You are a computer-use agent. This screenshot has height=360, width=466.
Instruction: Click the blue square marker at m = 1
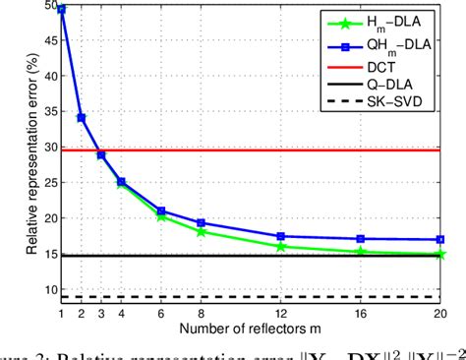pyautogui.click(x=61, y=9)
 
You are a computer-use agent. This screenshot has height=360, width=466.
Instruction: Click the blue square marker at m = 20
pyautogui.click(x=440, y=239)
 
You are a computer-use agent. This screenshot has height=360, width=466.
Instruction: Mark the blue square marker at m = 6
pyautogui.click(x=161, y=210)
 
